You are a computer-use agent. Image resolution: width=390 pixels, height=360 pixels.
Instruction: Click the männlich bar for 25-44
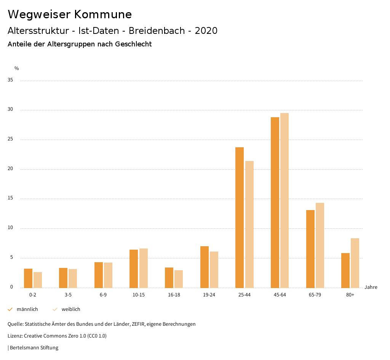click(240, 217)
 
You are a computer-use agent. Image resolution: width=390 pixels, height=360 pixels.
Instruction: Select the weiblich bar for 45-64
click(285, 200)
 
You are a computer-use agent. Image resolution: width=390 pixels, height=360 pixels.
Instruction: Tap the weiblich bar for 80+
click(355, 263)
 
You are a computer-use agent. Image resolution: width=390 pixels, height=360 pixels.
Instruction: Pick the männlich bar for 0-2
click(28, 278)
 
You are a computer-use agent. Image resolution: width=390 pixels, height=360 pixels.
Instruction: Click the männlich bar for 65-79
click(310, 249)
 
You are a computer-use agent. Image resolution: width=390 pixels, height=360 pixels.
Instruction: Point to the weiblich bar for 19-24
click(214, 269)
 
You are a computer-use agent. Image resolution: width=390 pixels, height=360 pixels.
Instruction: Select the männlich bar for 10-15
click(134, 269)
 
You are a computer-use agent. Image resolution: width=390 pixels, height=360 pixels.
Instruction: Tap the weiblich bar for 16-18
click(179, 279)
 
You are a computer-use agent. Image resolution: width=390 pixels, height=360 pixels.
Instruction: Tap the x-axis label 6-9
click(103, 295)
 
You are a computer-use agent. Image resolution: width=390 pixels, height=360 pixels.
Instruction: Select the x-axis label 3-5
click(68, 295)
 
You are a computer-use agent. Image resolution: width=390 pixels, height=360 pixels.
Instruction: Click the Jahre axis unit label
click(371, 287)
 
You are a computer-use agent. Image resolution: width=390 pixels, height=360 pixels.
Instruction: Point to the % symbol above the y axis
click(17, 68)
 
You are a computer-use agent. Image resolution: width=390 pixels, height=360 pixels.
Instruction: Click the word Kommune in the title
click(103, 14)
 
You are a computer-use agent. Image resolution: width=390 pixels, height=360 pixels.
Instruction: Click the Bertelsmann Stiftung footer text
click(34, 347)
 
